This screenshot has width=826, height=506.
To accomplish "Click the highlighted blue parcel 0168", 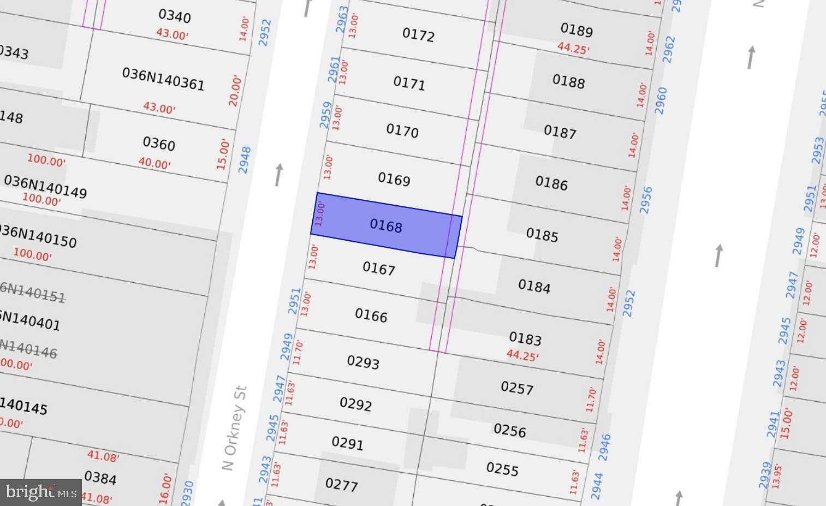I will tap(386, 225).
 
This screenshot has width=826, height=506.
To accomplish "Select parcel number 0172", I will tap(418, 35).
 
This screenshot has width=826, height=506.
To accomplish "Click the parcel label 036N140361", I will tap(163, 79).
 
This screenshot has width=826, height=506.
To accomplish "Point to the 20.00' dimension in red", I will tap(235, 91).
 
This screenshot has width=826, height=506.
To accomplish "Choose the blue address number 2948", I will tap(245, 160).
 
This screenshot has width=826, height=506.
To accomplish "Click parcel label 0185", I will tap(542, 235).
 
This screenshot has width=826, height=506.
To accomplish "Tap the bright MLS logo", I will tap(41, 492).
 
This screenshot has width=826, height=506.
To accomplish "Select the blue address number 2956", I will tap(646, 200).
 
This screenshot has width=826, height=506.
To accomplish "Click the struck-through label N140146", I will tap(28, 349).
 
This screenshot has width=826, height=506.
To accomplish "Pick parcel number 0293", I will tap(363, 362).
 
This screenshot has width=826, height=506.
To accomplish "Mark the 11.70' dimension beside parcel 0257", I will tap(591, 400).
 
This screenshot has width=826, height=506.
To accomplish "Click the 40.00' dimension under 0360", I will tap(154, 163).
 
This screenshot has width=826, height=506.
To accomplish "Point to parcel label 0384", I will tap(100, 478).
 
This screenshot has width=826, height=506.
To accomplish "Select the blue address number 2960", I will tap(661, 100).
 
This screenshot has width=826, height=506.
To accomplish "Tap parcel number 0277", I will tap(341, 484).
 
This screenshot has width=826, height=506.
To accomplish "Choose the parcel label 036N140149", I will tap(45, 186).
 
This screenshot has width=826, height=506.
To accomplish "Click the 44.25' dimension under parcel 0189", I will tap(573, 48).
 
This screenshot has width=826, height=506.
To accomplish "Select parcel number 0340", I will tap(175, 16).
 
